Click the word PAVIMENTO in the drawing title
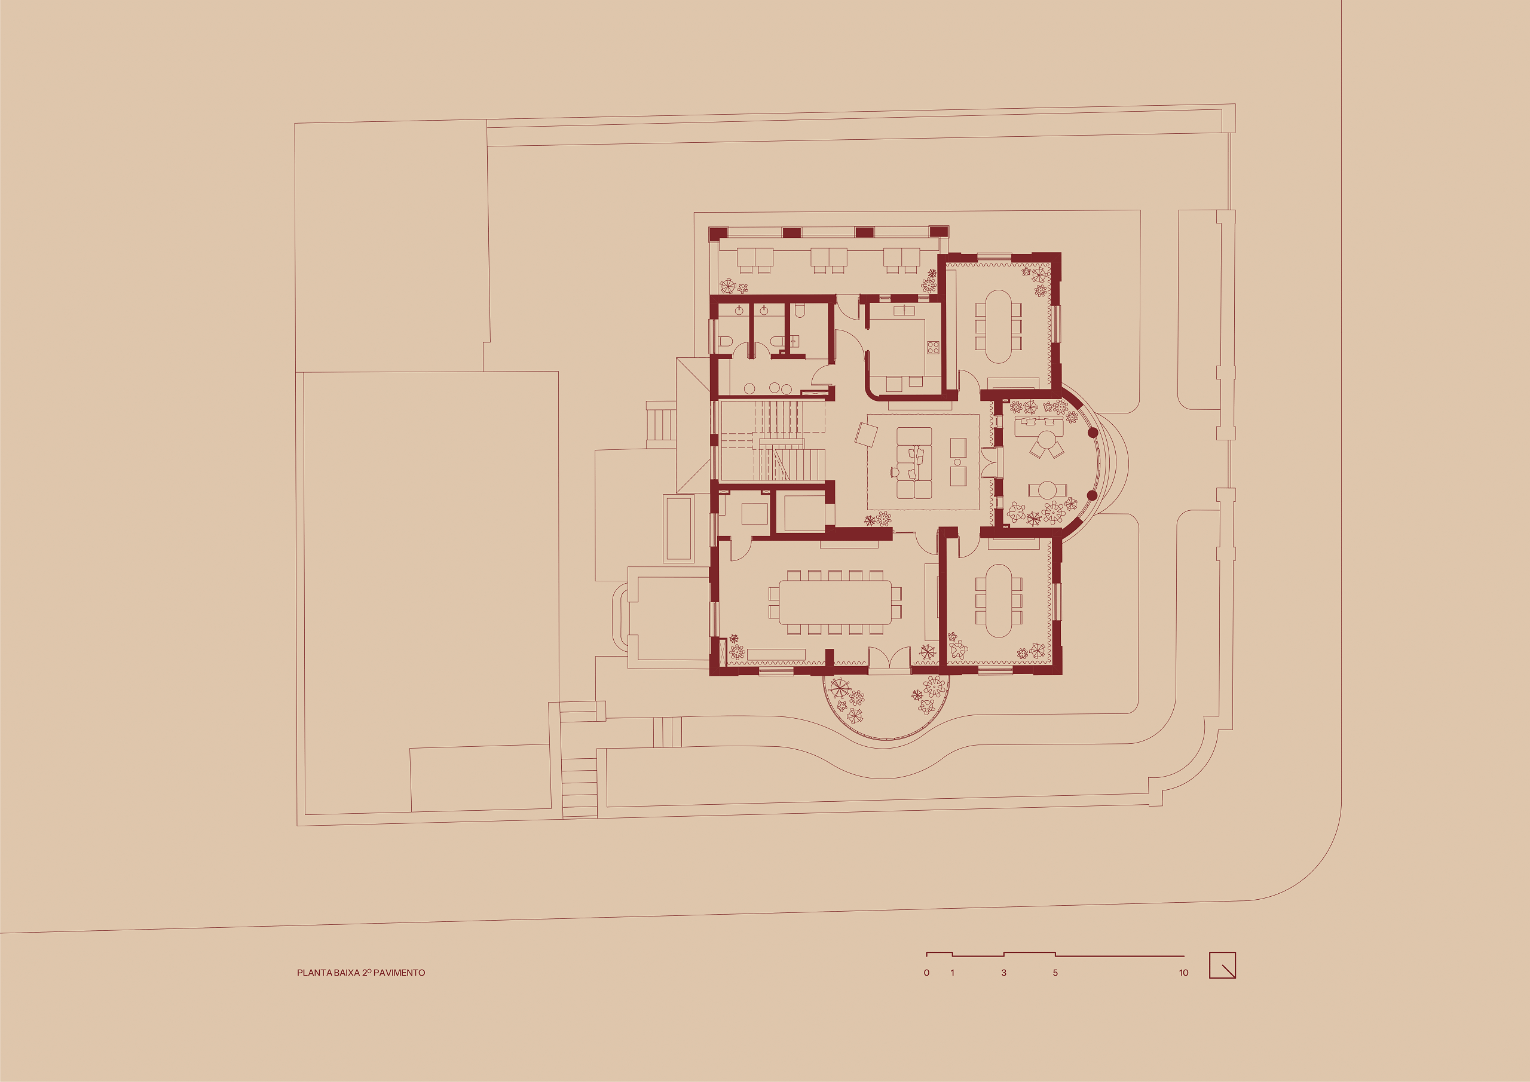[x=399, y=973]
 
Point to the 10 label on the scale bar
[x=1183, y=973]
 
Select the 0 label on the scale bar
[x=926, y=973]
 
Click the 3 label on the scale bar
[x=1003, y=973]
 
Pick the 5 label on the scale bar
[x=1055, y=973]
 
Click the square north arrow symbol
[x=1223, y=965]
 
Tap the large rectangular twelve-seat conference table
[x=835, y=602]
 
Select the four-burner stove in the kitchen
[x=933, y=347]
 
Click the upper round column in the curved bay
[x=1093, y=433]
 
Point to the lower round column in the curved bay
[x=1092, y=495]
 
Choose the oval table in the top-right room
[x=998, y=326]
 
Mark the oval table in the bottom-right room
[x=998, y=601]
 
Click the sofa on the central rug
[x=914, y=462]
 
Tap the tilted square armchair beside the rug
[x=866, y=435]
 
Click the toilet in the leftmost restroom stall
[x=726, y=342]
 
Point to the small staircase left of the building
[x=661, y=424]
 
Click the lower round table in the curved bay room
[x=1047, y=490]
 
